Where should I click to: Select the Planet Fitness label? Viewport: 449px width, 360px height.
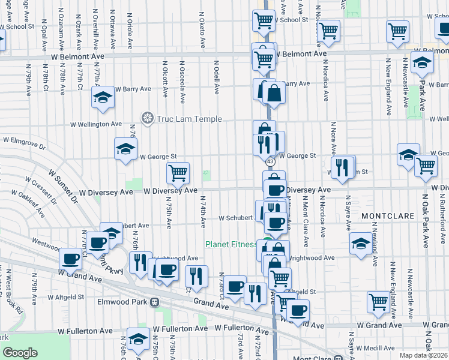click(231, 244)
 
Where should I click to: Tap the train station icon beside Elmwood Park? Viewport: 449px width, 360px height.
click(155, 302)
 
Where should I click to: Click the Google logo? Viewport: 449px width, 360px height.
click(20, 353)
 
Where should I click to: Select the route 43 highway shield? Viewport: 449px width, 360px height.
click(270, 162)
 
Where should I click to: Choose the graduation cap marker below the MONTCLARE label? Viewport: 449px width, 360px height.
click(360, 243)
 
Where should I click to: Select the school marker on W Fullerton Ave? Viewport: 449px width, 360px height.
click(138, 338)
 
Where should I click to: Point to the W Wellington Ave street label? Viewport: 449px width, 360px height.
click(96, 124)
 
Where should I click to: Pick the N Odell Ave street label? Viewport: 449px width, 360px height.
click(215, 78)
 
